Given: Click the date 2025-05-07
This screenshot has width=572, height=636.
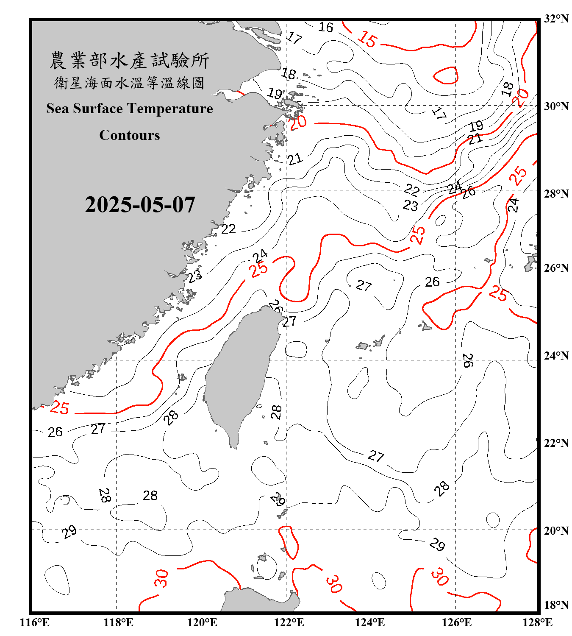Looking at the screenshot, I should point(140,205).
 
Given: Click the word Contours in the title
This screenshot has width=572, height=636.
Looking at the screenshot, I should point(130,135).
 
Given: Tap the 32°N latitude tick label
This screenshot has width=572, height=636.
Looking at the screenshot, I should point(556,19).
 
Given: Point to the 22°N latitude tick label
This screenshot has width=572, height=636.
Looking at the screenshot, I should point(556,443).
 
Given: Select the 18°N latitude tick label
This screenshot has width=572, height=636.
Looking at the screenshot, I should point(556,605).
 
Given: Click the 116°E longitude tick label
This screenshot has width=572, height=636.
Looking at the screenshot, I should point(35,622).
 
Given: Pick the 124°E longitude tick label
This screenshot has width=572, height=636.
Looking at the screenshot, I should point(370,622).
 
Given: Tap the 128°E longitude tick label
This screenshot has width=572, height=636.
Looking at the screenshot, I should point(537,622).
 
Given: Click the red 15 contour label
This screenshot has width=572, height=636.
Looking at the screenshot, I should point(367,39).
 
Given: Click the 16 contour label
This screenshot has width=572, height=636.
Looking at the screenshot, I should point(326,27).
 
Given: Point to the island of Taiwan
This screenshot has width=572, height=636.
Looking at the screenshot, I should point(239,373).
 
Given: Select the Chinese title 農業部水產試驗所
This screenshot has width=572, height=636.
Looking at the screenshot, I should point(129,61).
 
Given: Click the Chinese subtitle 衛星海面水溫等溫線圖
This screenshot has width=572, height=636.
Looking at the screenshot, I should point(129,83).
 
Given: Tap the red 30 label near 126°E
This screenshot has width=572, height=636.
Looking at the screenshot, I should point(440,577).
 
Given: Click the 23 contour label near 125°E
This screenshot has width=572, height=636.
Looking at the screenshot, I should point(410,206).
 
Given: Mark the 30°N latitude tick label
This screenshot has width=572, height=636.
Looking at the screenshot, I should point(556,106).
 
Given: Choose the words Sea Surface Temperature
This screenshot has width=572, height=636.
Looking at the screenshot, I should point(130,109).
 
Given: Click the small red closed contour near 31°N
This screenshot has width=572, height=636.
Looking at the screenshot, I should point(446,75).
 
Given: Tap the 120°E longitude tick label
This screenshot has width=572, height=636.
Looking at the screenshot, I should point(202,622).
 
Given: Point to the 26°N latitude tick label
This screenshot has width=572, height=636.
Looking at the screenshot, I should point(556,268).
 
